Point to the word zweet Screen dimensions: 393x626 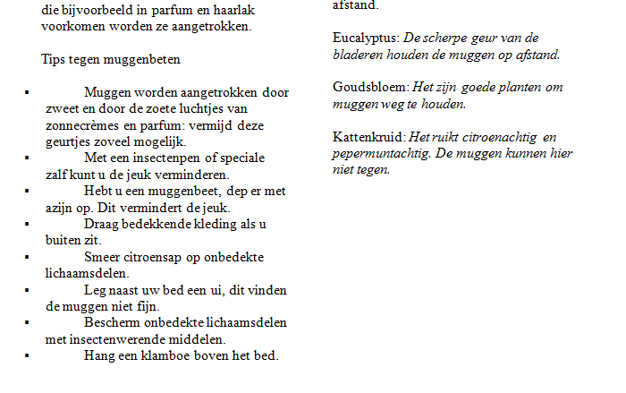[62, 108]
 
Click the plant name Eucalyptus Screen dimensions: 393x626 [366, 38]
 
